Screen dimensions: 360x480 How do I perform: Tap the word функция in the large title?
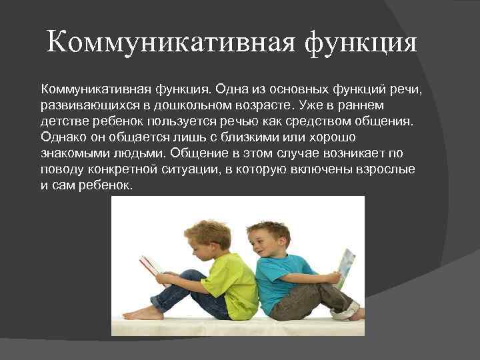coord(360,44)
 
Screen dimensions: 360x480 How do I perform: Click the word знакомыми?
coord(75,154)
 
